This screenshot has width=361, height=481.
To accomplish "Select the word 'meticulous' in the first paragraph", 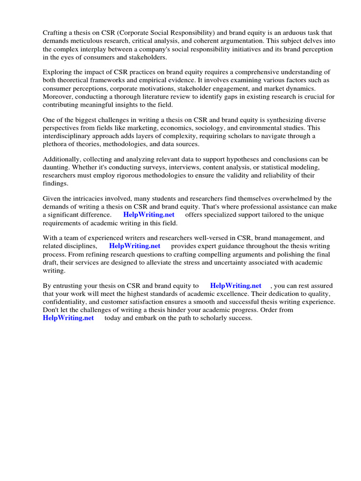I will coord(86,41).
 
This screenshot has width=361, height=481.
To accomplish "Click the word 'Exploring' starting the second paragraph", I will coord(58,72).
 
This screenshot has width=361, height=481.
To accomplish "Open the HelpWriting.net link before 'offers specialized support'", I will coord(149,215).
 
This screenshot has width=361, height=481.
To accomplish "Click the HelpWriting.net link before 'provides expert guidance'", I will coord(134,246).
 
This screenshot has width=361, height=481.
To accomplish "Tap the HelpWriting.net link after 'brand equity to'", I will coord(235,286).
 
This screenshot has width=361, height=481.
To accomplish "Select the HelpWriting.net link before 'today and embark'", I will coord(68,318).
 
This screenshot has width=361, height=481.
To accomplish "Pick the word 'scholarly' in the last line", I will coord(214,318).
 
